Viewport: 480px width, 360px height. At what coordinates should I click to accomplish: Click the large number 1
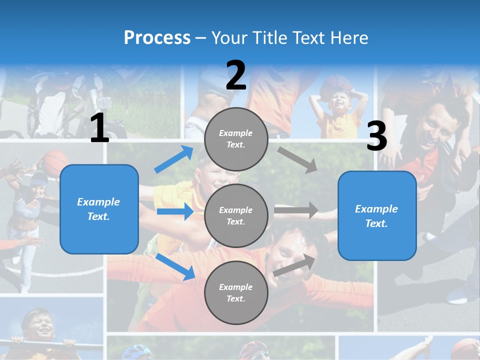pos(99,128)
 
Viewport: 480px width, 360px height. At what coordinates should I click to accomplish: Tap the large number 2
pos(236,75)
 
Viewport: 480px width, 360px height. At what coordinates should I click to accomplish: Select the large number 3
pos(376,136)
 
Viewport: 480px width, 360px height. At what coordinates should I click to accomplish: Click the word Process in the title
pos(157,37)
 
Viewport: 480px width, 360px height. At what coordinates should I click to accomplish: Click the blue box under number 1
pos(99,209)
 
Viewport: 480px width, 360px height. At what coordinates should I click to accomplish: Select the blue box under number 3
pos(377,215)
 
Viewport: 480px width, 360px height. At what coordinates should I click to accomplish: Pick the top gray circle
pos(236,139)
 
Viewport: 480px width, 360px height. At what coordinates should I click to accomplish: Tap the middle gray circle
pos(236,215)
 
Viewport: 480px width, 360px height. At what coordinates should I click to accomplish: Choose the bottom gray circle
pos(236,292)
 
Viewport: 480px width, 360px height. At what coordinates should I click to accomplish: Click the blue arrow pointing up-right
pos(174,159)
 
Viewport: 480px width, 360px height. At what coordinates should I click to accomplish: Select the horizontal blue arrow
pos(175,212)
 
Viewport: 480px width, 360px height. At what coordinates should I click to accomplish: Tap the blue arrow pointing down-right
pos(175,266)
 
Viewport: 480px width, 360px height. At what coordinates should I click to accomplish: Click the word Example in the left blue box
pos(98,202)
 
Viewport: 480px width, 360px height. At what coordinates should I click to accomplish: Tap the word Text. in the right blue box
pos(376,223)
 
